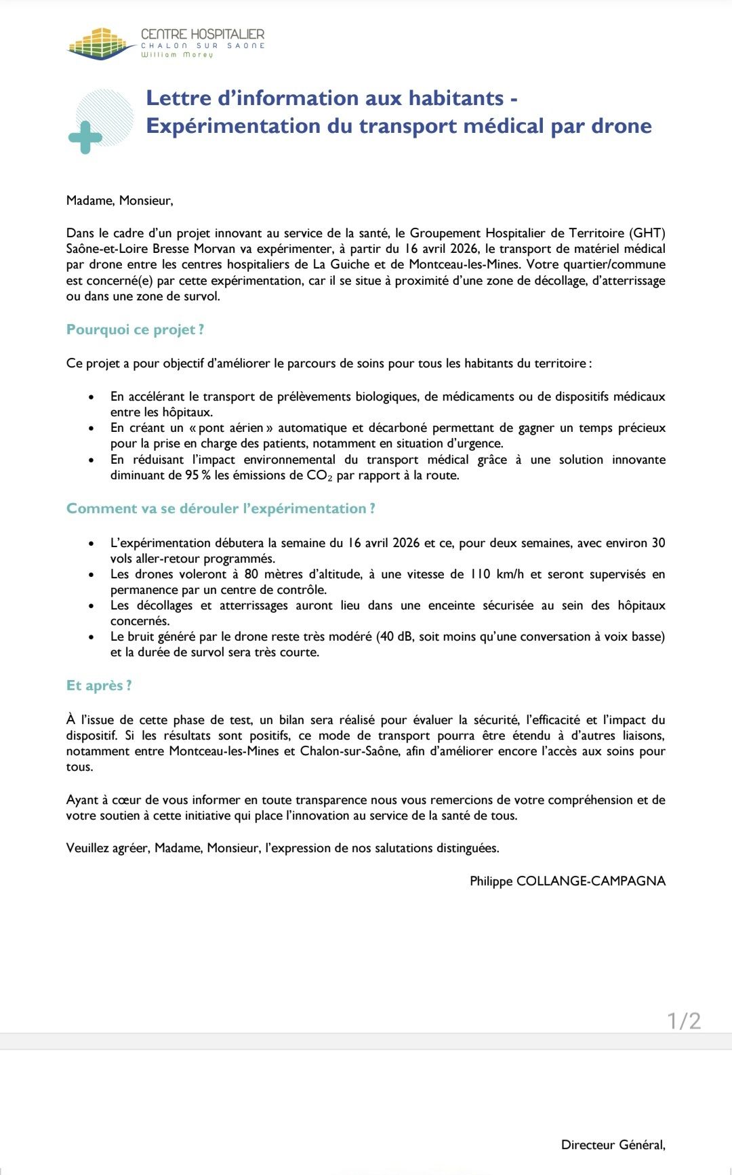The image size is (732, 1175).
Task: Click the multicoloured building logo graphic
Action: pos(99,43)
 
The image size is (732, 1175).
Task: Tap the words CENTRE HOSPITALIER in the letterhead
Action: pos(203,34)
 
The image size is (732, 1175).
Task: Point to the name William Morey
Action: pos(177,54)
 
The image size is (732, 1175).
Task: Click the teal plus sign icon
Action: pos(85,138)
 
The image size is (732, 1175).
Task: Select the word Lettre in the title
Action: pos(179,98)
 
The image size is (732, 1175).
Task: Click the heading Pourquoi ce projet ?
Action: pos(135,330)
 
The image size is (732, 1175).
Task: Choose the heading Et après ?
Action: pos(99,685)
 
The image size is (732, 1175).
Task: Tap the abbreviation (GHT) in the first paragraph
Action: pos(647,233)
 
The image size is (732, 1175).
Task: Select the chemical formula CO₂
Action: pos(319,475)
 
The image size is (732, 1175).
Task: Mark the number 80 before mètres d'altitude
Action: pos(251,574)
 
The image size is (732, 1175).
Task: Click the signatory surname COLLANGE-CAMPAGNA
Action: pos(591,881)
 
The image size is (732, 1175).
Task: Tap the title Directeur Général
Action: pos(612,1144)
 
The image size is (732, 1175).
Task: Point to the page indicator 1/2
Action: pos(684,1020)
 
